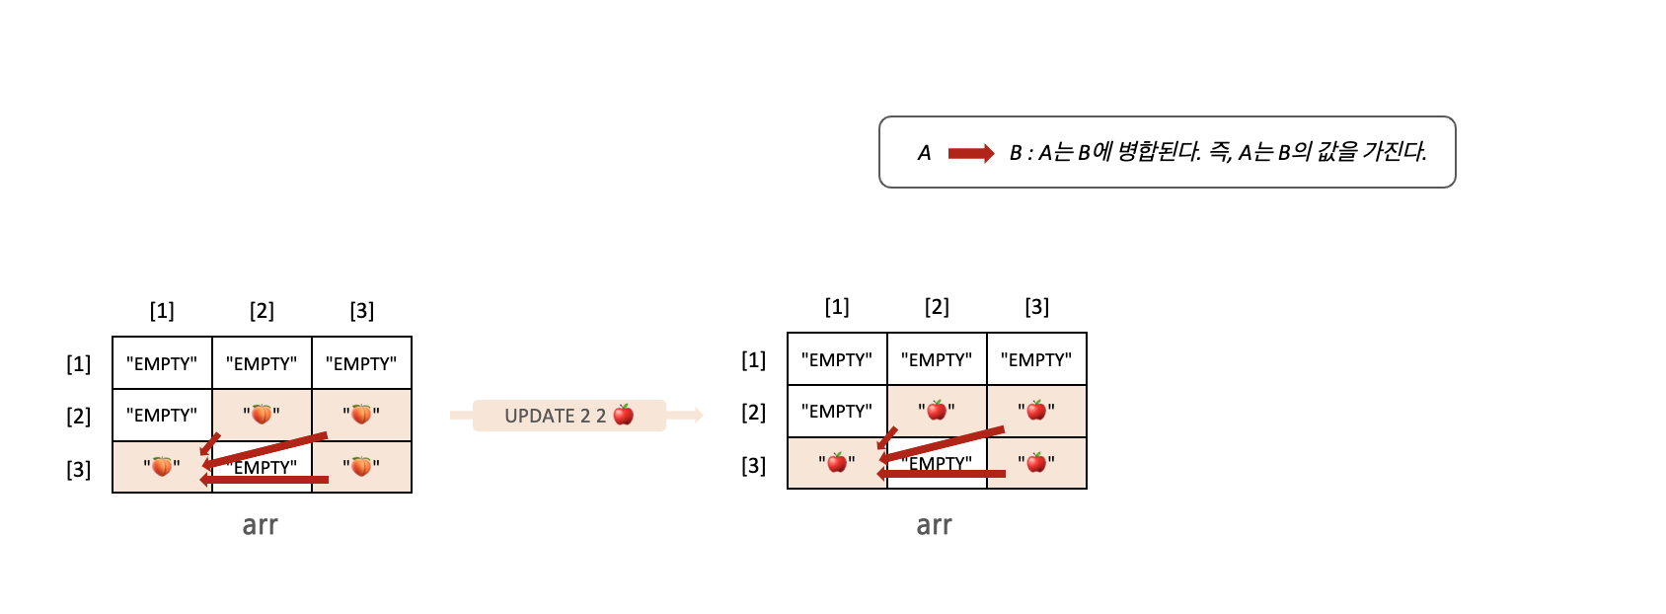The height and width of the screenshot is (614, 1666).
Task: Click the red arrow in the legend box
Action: coord(970,153)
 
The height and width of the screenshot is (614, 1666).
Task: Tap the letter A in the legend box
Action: coord(924,153)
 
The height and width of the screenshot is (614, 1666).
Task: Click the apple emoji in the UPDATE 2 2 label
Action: coord(624,415)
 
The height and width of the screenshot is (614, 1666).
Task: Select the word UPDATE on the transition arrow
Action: coord(539,416)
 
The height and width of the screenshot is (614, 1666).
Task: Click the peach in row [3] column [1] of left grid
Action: coord(162,466)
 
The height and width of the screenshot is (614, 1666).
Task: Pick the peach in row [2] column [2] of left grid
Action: coord(262,415)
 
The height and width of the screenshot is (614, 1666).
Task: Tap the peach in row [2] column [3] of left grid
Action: coord(361,415)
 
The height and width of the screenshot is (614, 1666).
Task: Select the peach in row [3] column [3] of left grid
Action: coord(361,466)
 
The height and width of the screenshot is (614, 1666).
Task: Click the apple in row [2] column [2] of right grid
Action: coord(937,411)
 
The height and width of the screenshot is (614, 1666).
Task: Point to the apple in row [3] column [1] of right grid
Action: coord(837,462)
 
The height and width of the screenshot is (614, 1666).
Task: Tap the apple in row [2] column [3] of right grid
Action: coord(1036,411)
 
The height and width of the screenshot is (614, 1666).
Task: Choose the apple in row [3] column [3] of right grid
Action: coord(1036,462)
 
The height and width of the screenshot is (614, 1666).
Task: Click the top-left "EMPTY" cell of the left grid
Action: coord(162,363)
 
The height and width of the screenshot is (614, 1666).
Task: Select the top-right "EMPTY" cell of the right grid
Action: coord(1036,359)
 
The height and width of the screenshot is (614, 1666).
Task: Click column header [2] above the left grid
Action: coord(262,311)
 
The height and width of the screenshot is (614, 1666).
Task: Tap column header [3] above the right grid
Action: coord(1036,307)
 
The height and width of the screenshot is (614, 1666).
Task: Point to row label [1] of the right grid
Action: coord(753,360)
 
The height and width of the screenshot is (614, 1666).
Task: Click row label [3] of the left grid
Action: coord(79,469)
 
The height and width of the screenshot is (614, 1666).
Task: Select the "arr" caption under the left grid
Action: coord(261,525)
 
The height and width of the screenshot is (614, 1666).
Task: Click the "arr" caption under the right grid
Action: coord(935,525)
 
